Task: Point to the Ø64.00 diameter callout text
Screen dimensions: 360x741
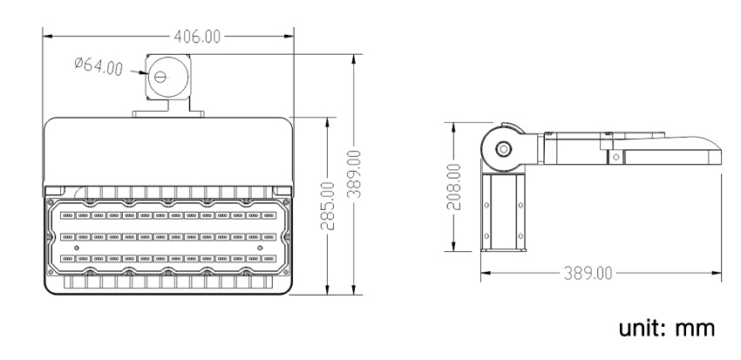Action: point(98,66)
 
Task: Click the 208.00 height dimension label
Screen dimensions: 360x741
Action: point(452,185)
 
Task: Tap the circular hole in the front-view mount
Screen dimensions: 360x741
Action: point(160,76)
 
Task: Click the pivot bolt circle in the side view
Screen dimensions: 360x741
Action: point(503,148)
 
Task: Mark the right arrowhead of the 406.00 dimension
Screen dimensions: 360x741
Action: point(290,37)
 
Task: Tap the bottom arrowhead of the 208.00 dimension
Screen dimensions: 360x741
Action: point(452,248)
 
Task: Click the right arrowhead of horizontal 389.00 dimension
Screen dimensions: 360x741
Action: point(723,272)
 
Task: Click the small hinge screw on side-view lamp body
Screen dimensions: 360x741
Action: point(615,157)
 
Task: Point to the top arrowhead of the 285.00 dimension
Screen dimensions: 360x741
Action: point(327,119)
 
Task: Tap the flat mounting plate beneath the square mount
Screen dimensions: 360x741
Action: point(168,112)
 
